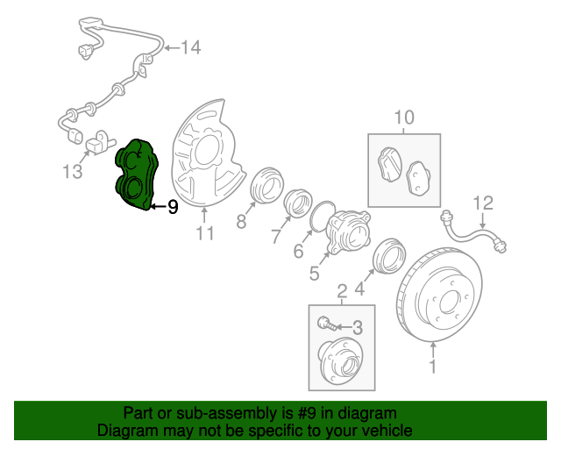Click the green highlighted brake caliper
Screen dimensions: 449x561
pos(135,175)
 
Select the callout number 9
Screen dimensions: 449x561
pos(173,207)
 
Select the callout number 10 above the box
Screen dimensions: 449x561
pos(402,117)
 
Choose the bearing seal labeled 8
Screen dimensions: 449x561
pos(264,189)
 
